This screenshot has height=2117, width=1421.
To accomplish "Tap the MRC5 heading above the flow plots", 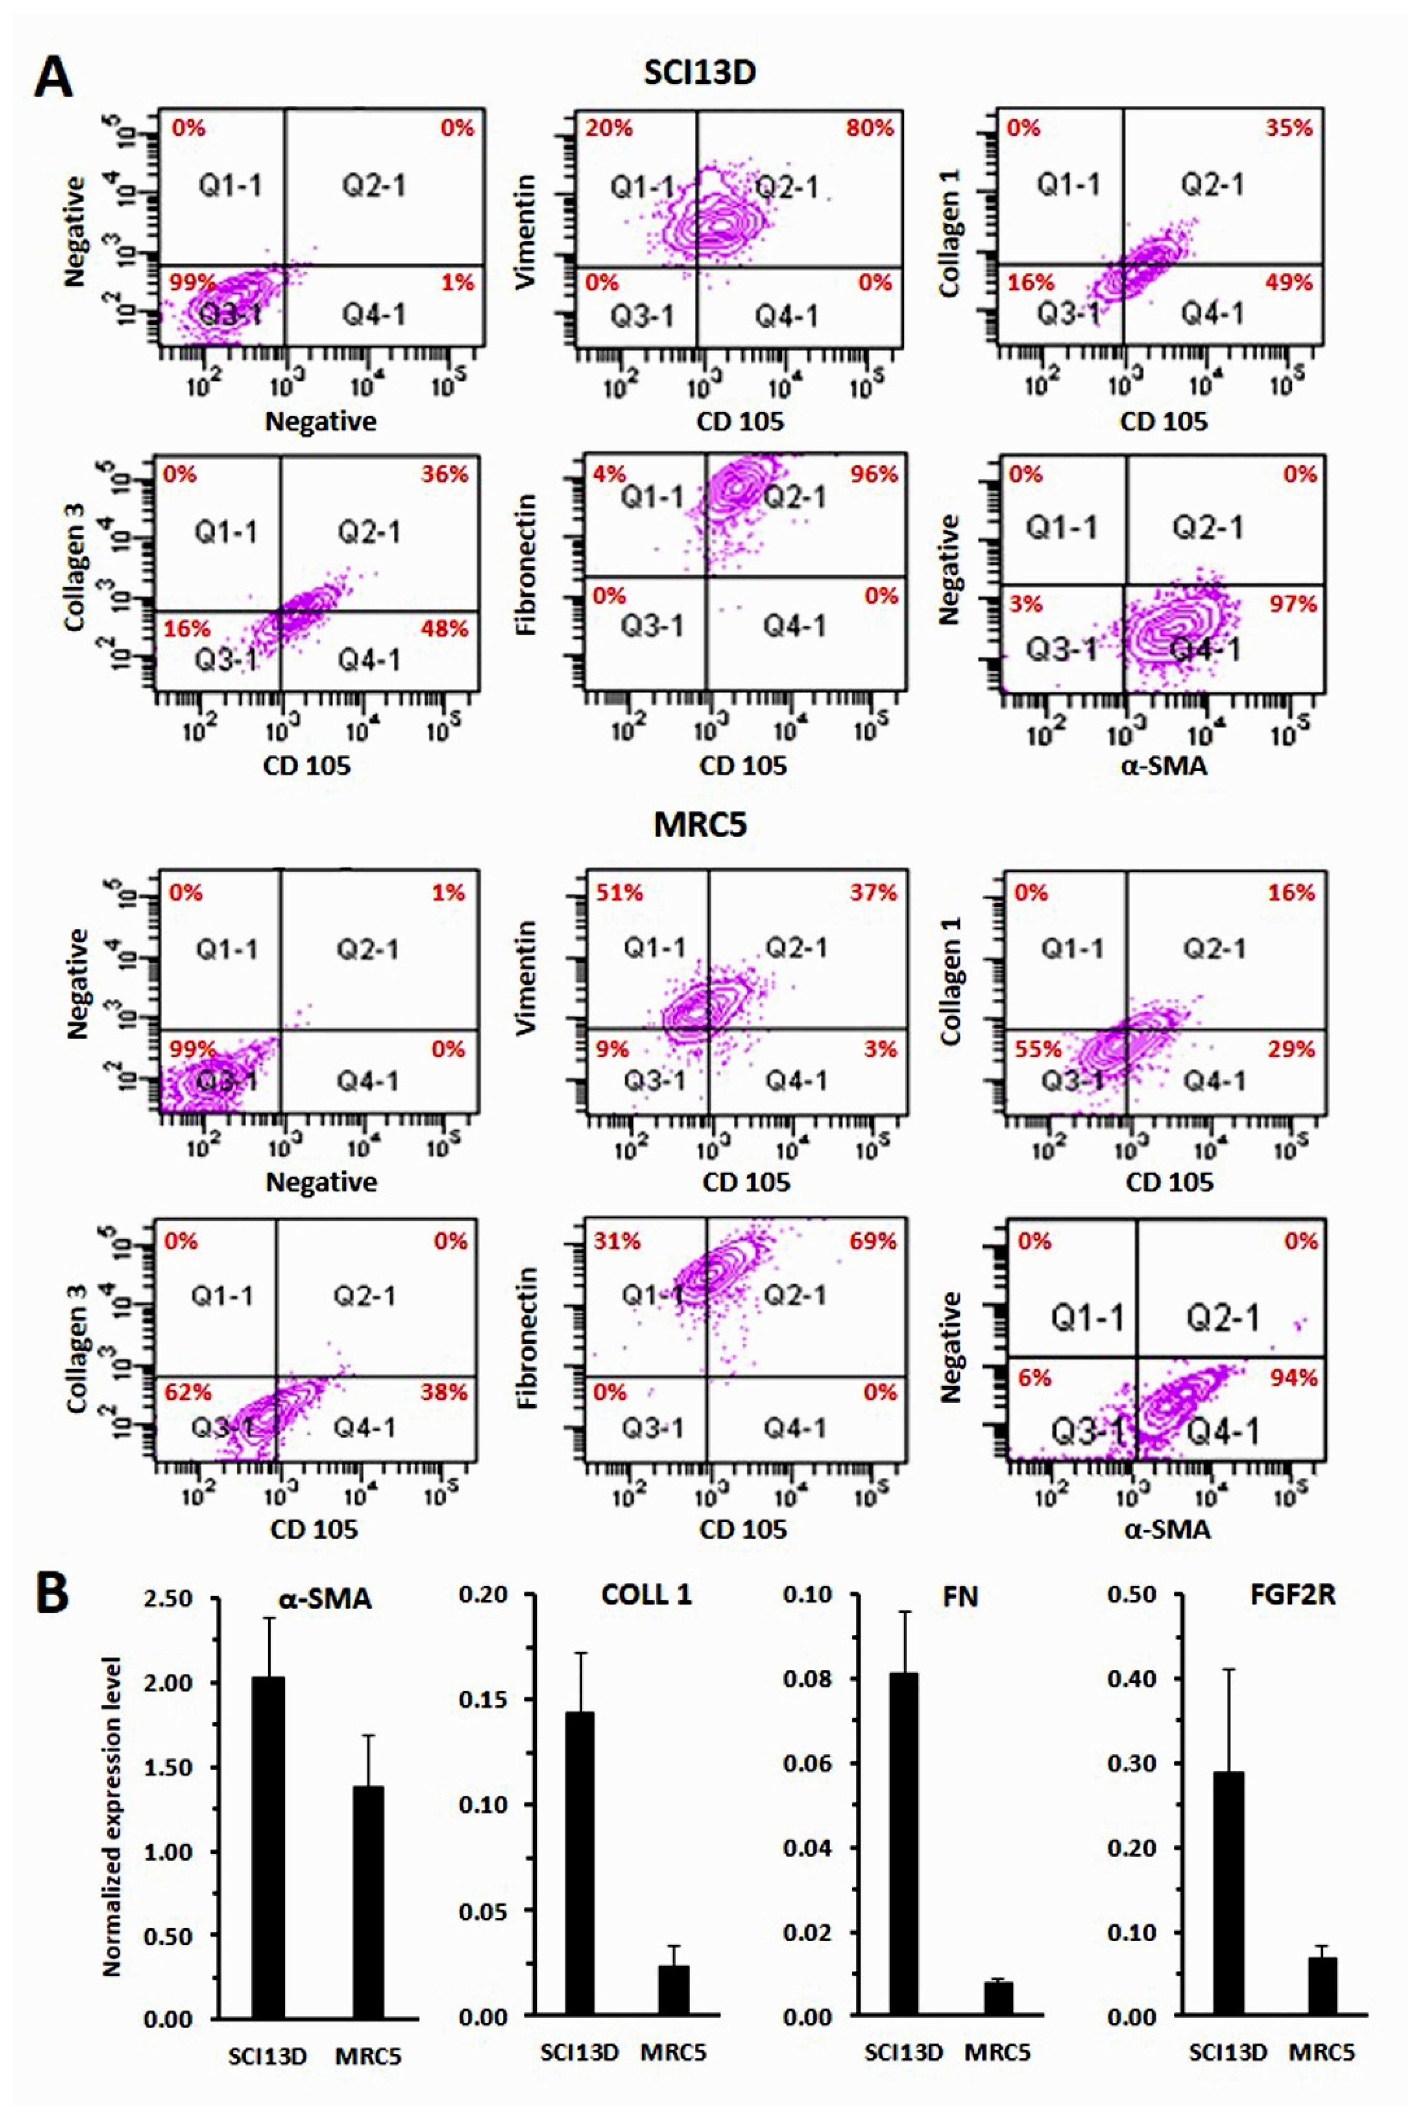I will [700, 824].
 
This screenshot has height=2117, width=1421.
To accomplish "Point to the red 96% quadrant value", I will [874, 474].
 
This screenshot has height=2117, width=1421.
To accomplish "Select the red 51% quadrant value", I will [619, 892].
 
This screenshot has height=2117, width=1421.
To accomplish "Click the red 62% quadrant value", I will [187, 1391].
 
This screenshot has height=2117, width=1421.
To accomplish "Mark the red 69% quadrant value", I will [873, 1240].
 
